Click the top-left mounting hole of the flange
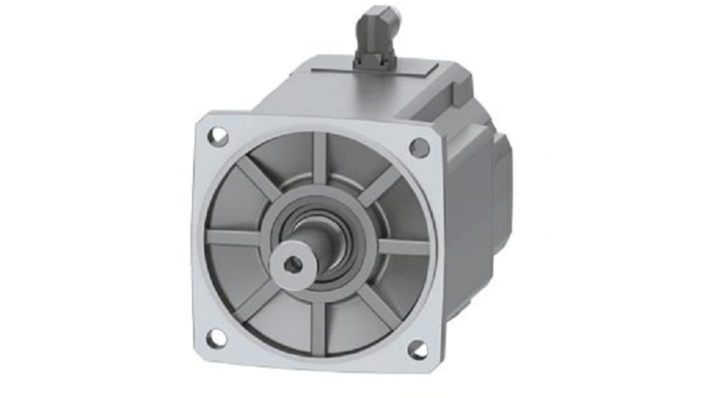tap(218, 136)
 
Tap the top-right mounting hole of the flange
tap(419, 148)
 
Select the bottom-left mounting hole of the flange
tap(216, 339)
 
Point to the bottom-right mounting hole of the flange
tap(417, 350)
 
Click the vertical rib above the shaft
tap(320, 157)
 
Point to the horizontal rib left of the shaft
tap(232, 238)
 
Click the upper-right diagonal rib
tap(380, 186)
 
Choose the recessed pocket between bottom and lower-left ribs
tap(285, 322)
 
